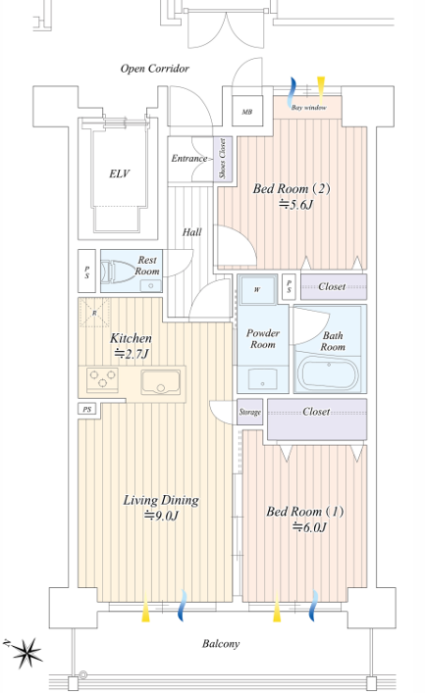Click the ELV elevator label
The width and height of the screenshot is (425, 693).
(119, 173)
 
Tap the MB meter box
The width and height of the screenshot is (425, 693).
(247, 112)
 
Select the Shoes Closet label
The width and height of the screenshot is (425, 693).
(223, 158)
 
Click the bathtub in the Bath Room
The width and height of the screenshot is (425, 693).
(329, 374)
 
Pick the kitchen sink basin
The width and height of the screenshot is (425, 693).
(160, 382)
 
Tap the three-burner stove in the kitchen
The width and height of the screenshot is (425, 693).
(103, 379)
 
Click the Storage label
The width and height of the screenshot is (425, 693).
(249, 412)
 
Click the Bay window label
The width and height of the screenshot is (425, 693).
(308, 108)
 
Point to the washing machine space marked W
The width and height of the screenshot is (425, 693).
(257, 290)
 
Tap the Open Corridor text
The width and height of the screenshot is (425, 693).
(155, 69)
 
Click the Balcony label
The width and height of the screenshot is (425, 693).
(221, 643)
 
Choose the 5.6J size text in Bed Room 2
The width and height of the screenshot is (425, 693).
(296, 205)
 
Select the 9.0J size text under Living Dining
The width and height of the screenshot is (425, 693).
(161, 516)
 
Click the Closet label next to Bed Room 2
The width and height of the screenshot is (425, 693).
(332, 286)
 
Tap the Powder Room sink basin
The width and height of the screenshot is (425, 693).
(262, 378)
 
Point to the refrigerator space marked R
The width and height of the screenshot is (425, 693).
(94, 313)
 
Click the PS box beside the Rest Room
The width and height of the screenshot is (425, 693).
(86, 272)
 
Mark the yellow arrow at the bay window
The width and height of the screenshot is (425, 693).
(321, 87)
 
